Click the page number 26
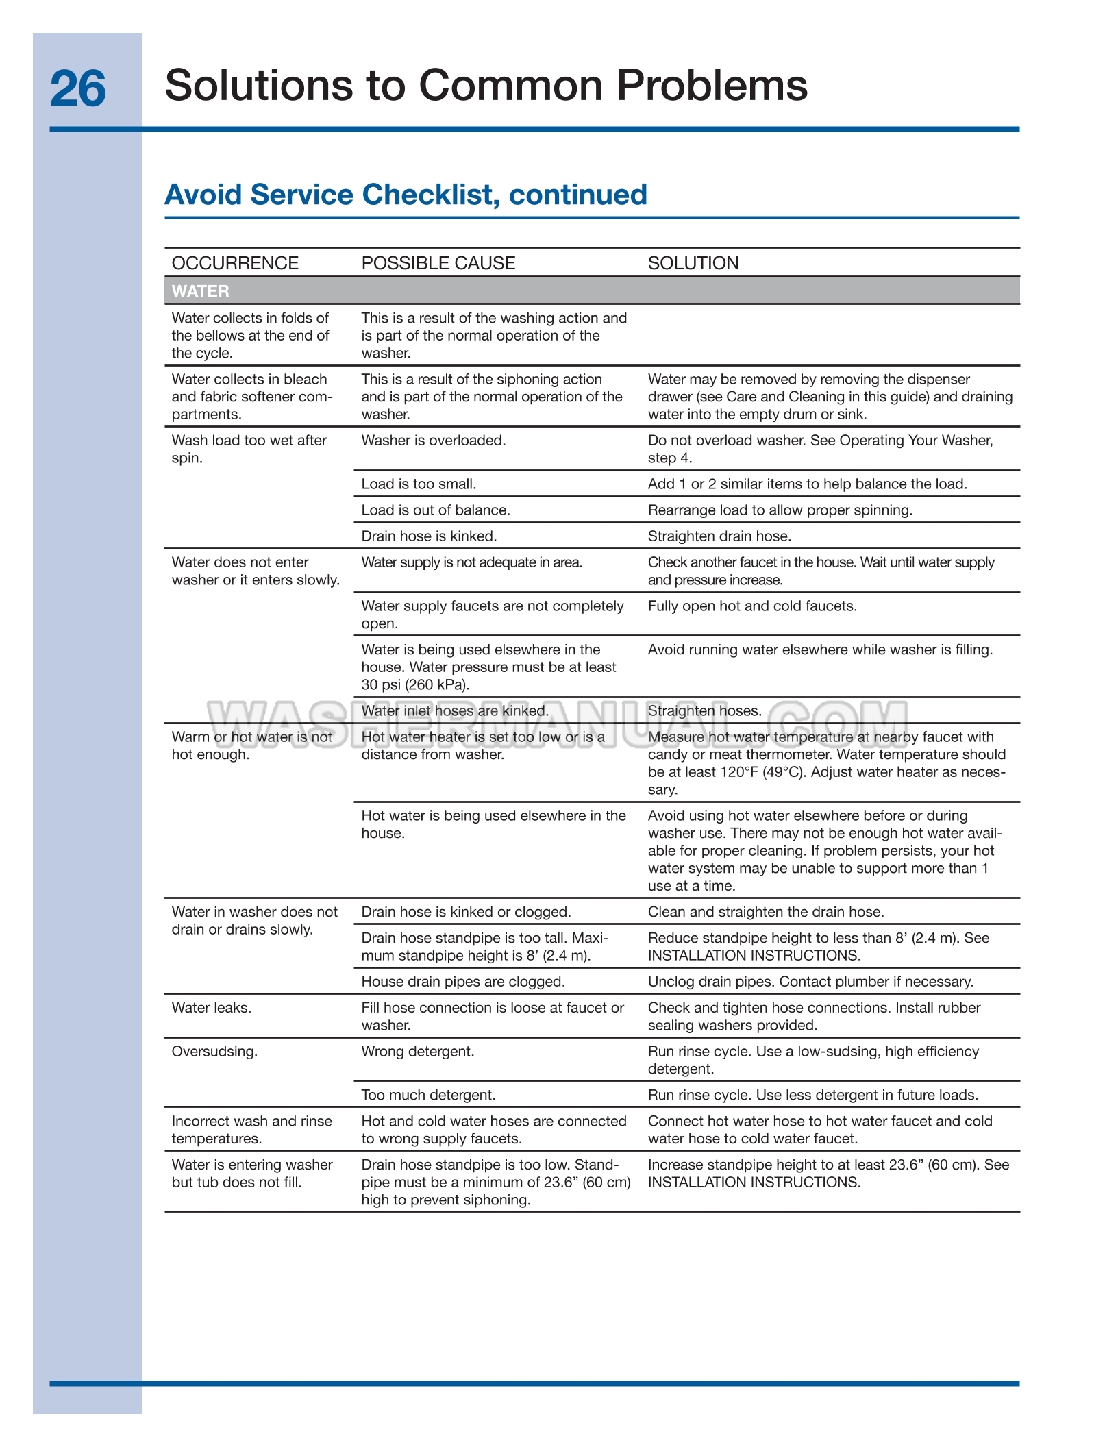click(x=78, y=89)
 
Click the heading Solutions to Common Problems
click(x=486, y=86)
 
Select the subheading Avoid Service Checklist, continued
click(x=406, y=195)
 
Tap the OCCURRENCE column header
click(x=235, y=263)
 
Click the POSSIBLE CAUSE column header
click(x=438, y=263)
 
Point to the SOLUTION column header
click(x=693, y=263)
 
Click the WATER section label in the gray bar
click(x=200, y=291)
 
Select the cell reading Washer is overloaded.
click(x=433, y=441)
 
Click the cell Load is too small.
click(x=419, y=484)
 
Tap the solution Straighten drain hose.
click(x=719, y=536)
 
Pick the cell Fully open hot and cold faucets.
click(x=751, y=606)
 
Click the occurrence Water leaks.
click(x=211, y=1008)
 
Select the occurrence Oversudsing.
click(x=214, y=1052)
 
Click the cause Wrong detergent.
click(x=417, y=1052)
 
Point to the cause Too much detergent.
click(x=428, y=1096)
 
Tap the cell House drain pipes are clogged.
click(x=462, y=982)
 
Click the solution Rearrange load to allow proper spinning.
click(x=780, y=510)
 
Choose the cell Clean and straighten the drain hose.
click(x=765, y=912)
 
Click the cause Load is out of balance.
click(x=435, y=510)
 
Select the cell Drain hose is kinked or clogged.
click(x=466, y=912)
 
